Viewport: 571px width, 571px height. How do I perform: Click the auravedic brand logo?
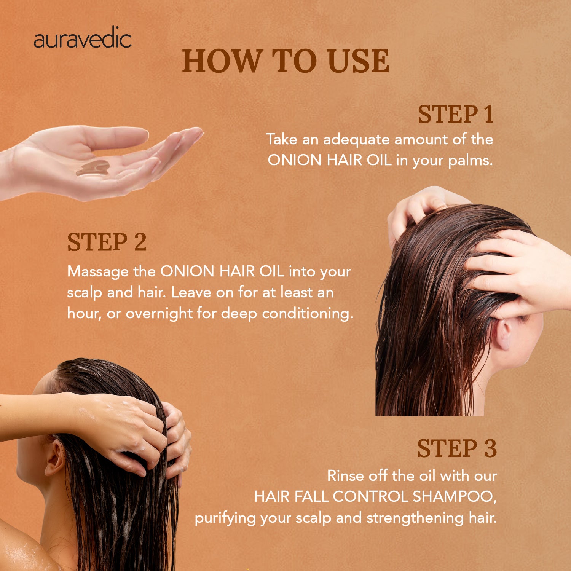tap(83, 39)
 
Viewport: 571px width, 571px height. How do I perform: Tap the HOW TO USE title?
tap(285, 61)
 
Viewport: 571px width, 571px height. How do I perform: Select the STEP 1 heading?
tap(455, 114)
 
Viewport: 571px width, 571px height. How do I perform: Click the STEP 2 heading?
tap(107, 242)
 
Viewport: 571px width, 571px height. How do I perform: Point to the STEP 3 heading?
tap(457, 448)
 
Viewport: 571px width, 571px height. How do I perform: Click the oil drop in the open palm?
tap(93, 168)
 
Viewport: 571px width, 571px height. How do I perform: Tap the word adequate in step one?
tap(357, 140)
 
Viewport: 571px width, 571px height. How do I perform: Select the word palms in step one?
tap(470, 161)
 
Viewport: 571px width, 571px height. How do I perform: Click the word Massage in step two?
tap(98, 272)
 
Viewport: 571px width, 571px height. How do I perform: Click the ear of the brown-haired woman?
tap(503, 335)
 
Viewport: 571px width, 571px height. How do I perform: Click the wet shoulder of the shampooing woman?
tap(23, 548)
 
